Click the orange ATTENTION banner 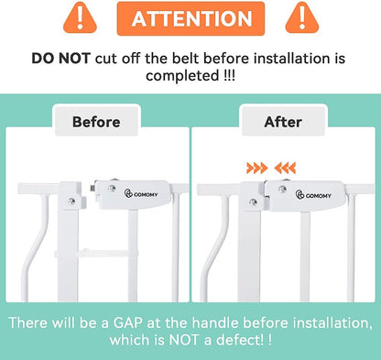tap(190, 18)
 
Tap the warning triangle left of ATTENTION tap(80, 18)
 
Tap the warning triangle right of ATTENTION tap(302, 18)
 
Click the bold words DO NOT tap(61, 59)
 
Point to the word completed tap(182, 76)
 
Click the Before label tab tap(96, 122)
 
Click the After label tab tap(283, 122)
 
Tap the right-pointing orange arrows tap(257, 169)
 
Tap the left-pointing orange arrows tap(285, 169)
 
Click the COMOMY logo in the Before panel tap(141, 193)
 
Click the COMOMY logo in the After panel tap(313, 195)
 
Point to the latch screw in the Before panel tap(71, 202)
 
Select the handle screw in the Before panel tap(112, 188)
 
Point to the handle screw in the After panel tap(282, 190)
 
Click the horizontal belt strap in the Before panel tap(96, 253)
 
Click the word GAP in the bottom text tap(128, 323)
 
